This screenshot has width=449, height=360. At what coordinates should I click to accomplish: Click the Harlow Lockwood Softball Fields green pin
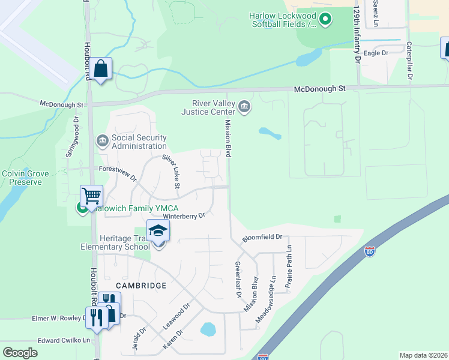tap(325, 20)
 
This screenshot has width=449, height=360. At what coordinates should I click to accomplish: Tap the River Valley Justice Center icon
tap(244, 107)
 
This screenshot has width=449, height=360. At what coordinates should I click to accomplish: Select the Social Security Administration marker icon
tap(102, 141)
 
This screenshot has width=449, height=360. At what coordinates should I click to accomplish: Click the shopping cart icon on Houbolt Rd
tap(91, 196)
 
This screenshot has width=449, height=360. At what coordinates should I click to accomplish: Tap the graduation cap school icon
tap(158, 230)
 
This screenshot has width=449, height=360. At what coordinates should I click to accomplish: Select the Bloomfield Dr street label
tap(262, 238)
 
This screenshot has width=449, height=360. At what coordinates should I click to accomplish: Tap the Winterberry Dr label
tap(184, 215)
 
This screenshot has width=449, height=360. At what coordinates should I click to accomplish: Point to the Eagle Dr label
tap(376, 53)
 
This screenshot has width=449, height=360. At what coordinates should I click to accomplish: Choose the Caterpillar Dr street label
tap(409, 61)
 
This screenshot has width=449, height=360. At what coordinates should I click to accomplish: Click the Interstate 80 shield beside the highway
tap(370, 252)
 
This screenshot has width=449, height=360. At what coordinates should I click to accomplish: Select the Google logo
tap(20, 352)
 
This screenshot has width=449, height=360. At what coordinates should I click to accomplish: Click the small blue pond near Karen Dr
tap(208, 329)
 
